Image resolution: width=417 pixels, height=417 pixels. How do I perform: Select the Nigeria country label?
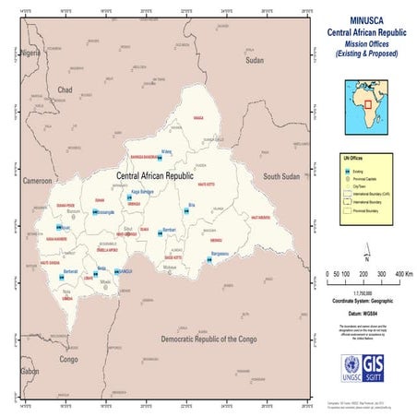(32, 53)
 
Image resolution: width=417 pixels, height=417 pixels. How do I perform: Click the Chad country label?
(65, 89)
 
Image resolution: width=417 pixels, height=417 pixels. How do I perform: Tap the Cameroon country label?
(38, 181)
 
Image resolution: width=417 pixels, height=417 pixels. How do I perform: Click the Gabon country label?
(30, 371)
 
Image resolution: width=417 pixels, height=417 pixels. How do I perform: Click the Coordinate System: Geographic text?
(365, 299)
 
